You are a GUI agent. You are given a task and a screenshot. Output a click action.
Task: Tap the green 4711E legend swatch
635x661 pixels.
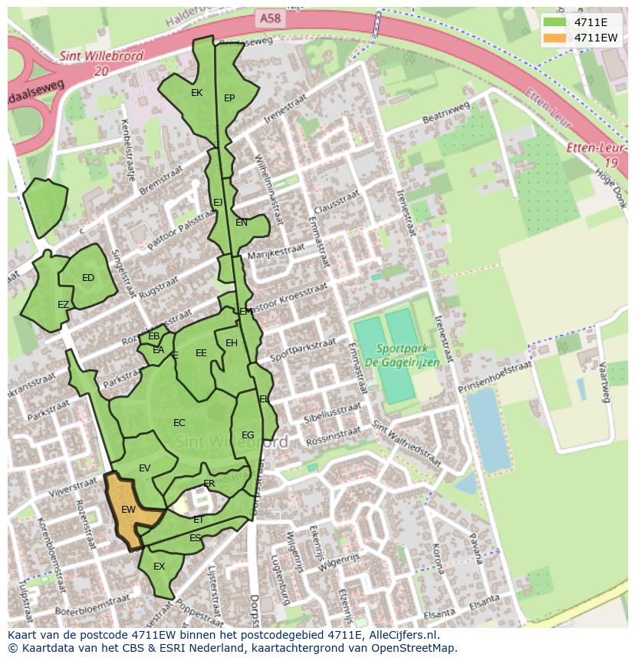point(554,22)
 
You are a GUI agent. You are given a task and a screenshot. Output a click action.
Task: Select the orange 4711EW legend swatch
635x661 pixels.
point(554,38)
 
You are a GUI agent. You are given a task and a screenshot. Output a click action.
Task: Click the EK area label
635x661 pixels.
point(196,93)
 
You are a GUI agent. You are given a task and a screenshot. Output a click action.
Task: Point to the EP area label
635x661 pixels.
point(229,98)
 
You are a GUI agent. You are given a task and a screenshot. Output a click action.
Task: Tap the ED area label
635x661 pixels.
point(88,278)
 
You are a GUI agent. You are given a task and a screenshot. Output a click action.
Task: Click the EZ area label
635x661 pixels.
point(63,305)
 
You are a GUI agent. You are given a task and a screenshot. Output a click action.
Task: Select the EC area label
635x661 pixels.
point(179,423)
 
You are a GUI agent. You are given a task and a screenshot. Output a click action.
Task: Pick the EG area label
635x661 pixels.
point(248,435)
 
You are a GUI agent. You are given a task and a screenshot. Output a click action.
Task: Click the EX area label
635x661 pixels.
point(160,567)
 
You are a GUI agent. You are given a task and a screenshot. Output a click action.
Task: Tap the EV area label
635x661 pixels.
point(145,468)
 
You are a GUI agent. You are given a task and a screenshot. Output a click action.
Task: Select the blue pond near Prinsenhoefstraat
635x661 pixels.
point(488,430)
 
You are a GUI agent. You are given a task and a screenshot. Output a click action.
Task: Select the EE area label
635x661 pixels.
point(201,353)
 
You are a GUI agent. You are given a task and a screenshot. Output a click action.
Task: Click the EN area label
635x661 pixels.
point(242,223)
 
